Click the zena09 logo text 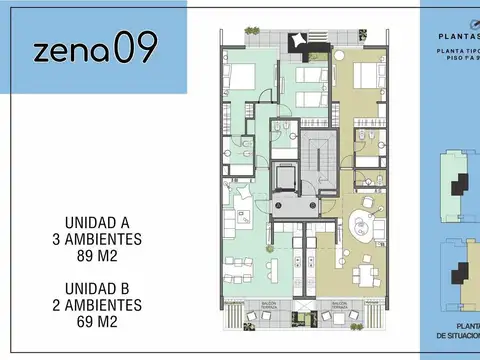point(94,49)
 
